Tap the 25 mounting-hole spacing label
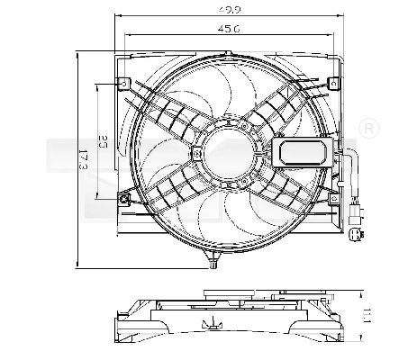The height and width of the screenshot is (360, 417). pos(104,141)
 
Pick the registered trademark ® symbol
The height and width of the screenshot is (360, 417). pos(368,131)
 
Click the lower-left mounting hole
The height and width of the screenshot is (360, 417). pos(123,198)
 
